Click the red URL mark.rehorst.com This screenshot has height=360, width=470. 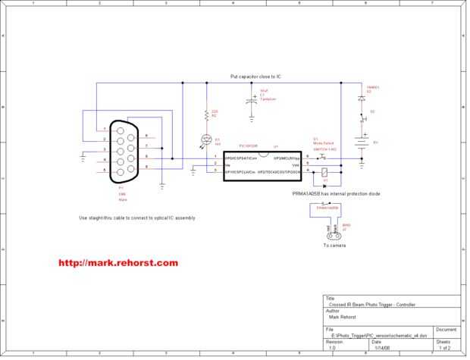(x=118, y=263)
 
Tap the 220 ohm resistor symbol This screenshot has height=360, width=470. (x=205, y=116)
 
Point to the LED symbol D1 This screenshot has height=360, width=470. (x=205, y=139)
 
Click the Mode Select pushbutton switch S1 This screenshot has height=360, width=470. (x=322, y=158)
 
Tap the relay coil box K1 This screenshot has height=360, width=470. (x=325, y=173)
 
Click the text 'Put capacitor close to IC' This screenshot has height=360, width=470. (x=256, y=77)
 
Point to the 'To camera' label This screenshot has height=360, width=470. (x=334, y=246)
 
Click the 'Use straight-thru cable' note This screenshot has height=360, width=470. (x=136, y=218)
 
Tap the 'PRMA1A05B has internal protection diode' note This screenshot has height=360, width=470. (x=336, y=194)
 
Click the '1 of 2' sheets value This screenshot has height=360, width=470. (x=444, y=347)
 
